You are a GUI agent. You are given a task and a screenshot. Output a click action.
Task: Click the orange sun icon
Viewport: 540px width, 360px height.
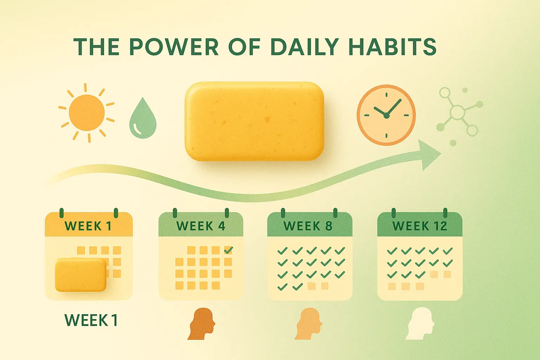[86, 112]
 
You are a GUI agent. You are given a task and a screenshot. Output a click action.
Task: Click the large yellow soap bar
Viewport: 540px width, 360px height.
[254, 121]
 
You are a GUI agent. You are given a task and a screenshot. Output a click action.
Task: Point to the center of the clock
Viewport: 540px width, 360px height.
[386, 115]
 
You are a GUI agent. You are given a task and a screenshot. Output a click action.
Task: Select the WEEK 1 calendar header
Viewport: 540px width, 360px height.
[89, 226]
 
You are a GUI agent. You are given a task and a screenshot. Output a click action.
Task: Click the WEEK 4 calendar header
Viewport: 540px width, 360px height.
[200, 226]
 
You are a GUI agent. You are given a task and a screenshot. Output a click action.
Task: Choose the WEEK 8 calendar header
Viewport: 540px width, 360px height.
[309, 226]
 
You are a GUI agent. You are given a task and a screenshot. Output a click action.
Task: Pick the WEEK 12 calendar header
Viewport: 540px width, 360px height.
[419, 226]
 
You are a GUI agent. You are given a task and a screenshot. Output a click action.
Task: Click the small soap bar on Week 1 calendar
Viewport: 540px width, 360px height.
[81, 275]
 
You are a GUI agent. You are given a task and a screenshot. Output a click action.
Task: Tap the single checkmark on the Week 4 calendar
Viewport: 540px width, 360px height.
[228, 250]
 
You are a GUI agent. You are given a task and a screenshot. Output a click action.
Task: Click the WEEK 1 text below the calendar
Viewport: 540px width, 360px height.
[91, 321]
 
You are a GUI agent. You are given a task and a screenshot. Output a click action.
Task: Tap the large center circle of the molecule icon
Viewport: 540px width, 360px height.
[458, 112]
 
